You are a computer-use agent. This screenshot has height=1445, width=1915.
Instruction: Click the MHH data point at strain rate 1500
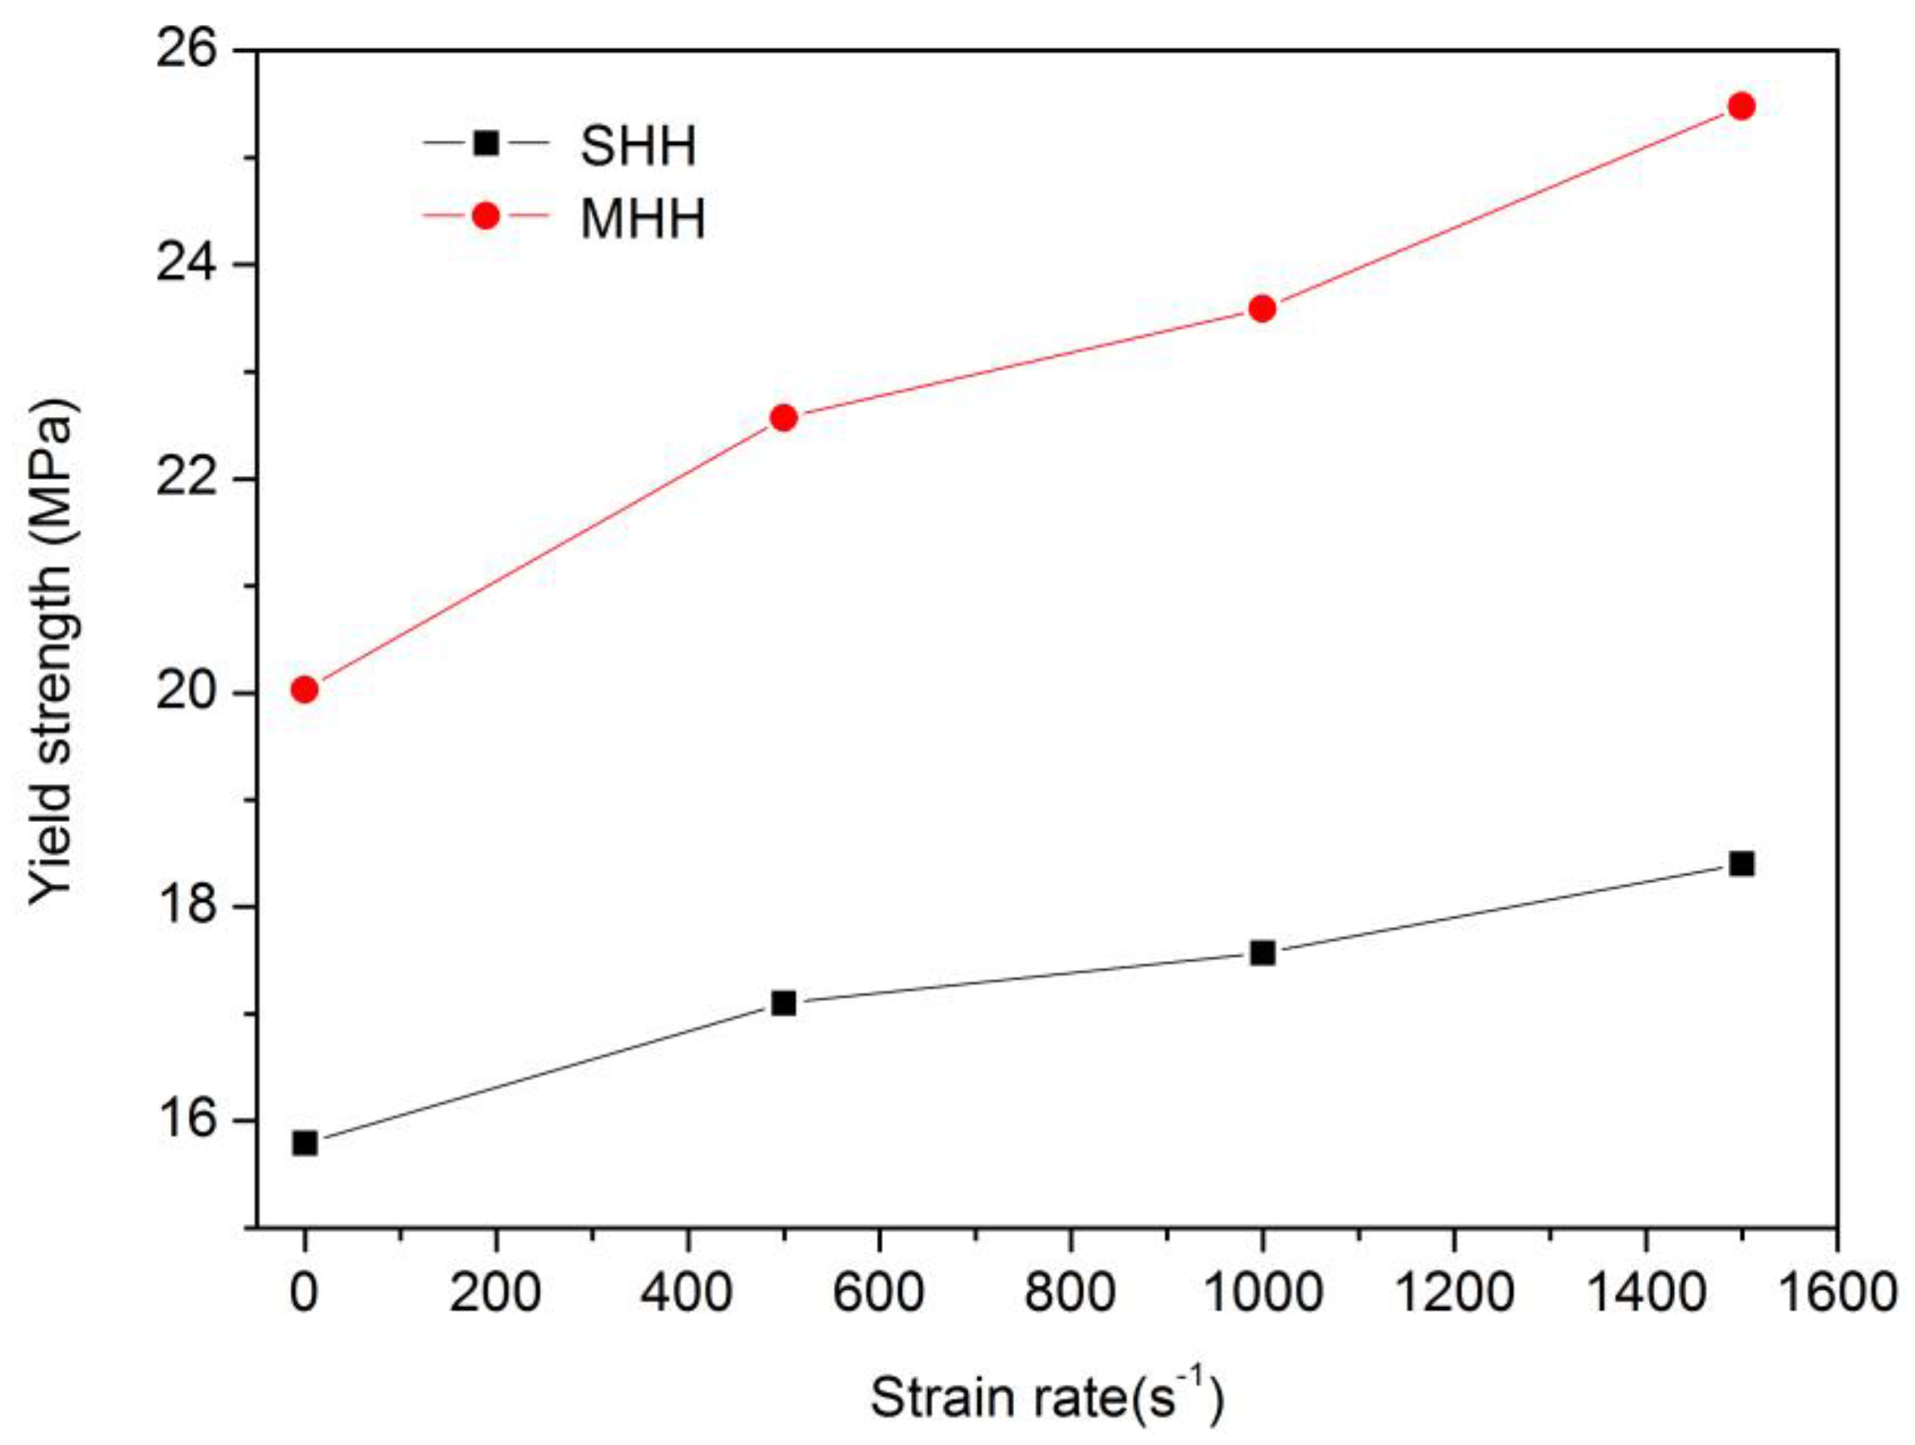click(1741, 106)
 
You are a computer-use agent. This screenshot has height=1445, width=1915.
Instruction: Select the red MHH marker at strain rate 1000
click(1262, 308)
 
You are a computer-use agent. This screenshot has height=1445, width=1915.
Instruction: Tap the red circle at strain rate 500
click(783, 418)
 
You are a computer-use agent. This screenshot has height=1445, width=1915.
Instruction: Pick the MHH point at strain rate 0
click(305, 690)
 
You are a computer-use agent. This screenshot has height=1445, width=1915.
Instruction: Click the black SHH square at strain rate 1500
click(1741, 864)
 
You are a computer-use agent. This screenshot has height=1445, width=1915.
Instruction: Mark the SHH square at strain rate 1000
click(1262, 953)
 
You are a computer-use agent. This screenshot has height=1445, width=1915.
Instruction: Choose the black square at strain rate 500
click(783, 1002)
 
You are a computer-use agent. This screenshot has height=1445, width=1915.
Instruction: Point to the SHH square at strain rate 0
click(305, 1143)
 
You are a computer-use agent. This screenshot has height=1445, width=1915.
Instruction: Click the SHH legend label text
click(638, 146)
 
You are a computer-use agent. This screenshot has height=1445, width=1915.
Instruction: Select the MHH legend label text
click(642, 218)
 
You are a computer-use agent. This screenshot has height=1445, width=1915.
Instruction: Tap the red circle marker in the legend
click(486, 216)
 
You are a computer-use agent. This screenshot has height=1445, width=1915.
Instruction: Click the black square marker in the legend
click(486, 143)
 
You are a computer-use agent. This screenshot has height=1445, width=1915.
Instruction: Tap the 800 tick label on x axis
click(1070, 1293)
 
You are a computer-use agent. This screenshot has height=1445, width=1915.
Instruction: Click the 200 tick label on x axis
click(496, 1293)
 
